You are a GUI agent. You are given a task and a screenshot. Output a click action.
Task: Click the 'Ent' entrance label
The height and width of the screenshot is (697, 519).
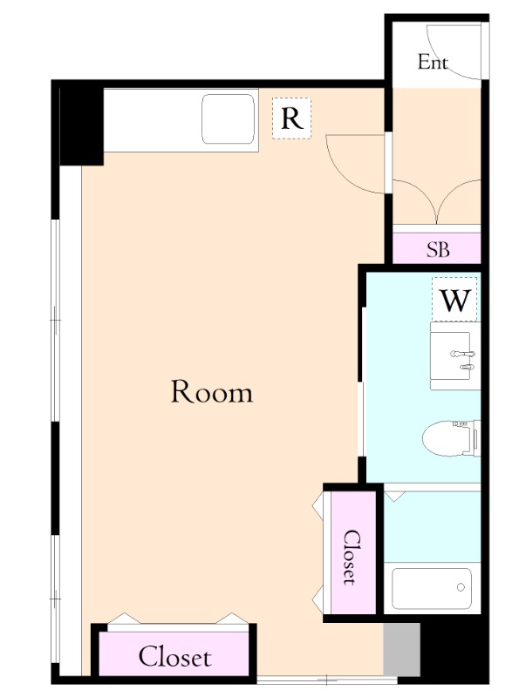[432, 62]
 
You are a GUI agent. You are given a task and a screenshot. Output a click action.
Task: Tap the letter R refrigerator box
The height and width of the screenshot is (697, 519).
[291, 118]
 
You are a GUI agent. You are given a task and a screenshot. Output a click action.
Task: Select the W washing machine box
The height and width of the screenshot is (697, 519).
[454, 299]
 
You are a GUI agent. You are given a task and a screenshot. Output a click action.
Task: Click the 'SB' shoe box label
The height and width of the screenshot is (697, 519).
[438, 250]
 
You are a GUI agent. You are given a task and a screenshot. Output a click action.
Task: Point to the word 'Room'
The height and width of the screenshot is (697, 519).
[212, 391]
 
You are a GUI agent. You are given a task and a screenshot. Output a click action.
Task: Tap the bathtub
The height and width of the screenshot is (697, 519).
[432, 589]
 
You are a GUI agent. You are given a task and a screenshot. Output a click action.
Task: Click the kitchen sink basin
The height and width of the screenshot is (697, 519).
[229, 119]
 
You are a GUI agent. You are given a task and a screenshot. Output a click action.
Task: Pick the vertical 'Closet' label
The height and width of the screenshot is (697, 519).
[352, 557]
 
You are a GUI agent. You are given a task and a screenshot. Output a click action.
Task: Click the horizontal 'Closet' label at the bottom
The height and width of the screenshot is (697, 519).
[174, 657]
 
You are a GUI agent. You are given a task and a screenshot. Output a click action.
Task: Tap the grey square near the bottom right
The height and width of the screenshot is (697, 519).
[401, 649]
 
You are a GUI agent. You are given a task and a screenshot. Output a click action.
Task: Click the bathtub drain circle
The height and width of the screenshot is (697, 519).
[461, 587]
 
